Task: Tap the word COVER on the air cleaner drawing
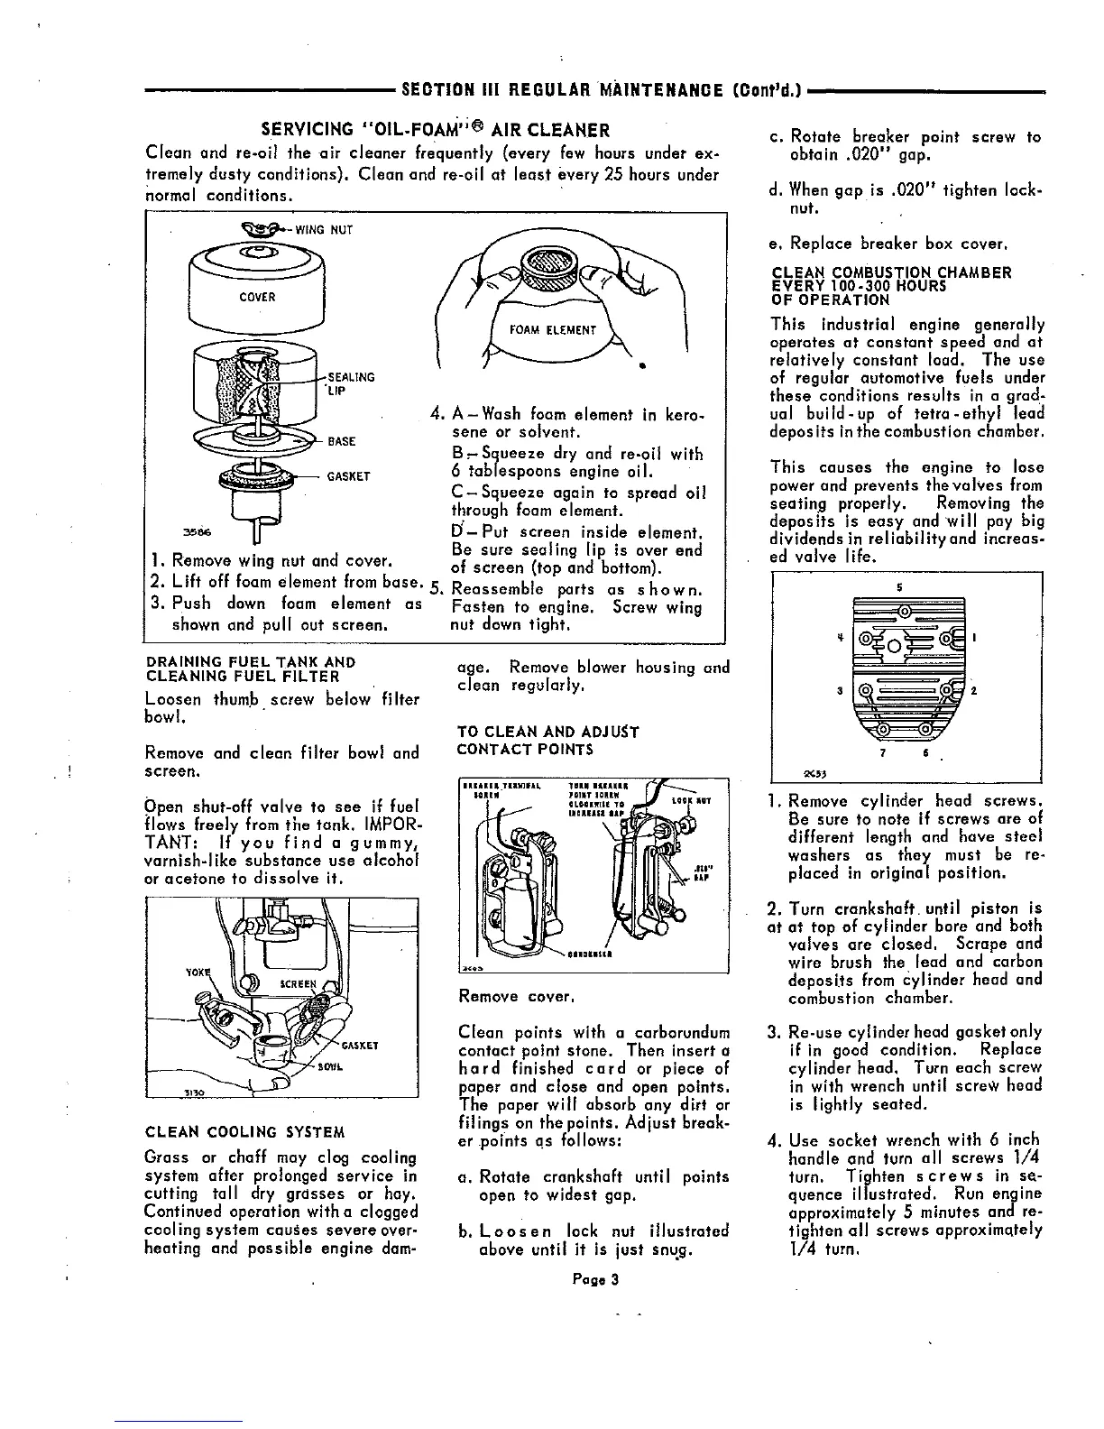coord(258,297)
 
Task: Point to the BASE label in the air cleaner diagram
coord(341,441)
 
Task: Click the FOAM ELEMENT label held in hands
coord(553,329)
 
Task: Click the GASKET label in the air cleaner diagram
coord(349,476)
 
